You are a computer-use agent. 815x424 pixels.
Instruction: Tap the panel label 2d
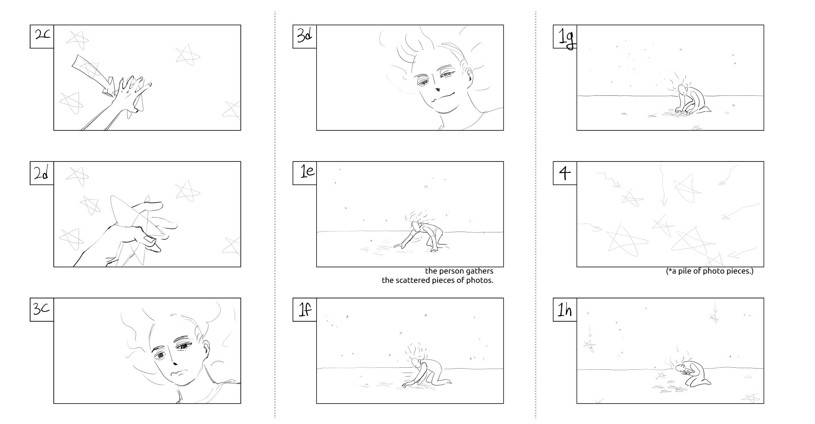(42, 173)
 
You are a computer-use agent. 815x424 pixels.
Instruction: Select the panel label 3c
(42, 309)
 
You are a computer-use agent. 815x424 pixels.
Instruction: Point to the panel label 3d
(305, 36)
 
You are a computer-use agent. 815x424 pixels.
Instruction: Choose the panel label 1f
(305, 309)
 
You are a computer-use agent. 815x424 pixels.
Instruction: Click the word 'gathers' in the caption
(479, 272)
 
